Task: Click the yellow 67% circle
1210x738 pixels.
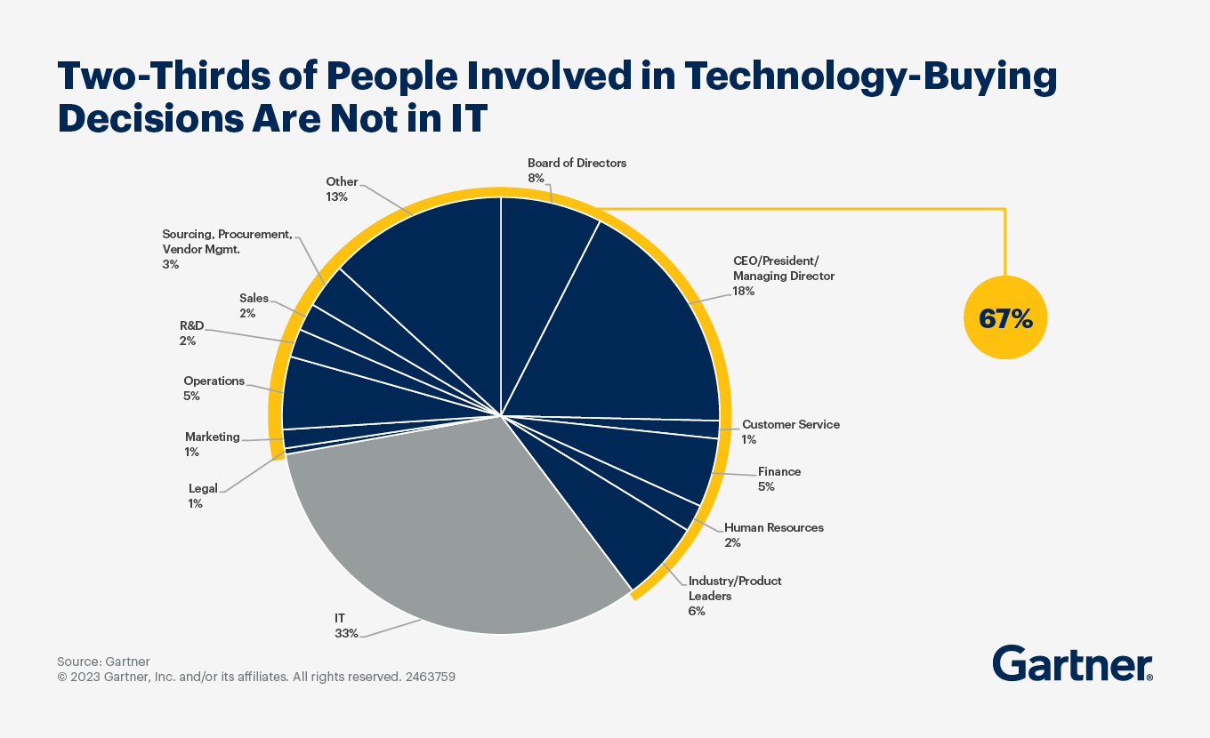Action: (x=1005, y=318)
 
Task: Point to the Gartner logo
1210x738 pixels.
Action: (x=1072, y=663)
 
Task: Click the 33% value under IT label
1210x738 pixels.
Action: (x=346, y=634)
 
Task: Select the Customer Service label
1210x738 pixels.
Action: (x=790, y=424)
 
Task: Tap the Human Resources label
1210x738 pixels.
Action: (x=773, y=527)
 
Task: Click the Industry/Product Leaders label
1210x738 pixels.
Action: (x=734, y=588)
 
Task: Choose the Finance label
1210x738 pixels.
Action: (x=778, y=471)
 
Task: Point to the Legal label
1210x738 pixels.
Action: (x=202, y=488)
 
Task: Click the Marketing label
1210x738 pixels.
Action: (x=212, y=437)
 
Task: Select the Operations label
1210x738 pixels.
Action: (x=214, y=381)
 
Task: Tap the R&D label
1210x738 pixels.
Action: (x=192, y=325)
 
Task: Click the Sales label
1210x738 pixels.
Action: (x=254, y=298)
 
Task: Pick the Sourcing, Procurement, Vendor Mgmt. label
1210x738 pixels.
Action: (x=227, y=242)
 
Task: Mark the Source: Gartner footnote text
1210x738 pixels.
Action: (x=103, y=662)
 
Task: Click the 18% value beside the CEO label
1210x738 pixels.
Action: (x=744, y=291)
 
